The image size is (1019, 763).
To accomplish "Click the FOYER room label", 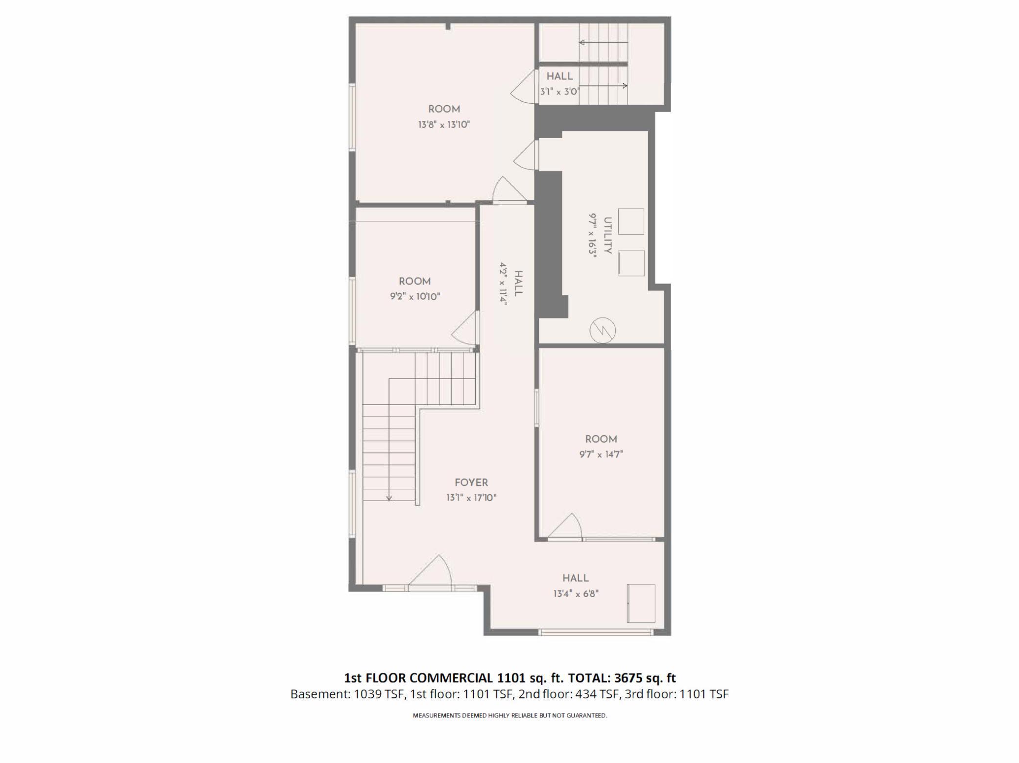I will [x=471, y=482].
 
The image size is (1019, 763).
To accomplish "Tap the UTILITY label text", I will [x=608, y=236].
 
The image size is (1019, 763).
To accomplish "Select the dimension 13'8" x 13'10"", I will [x=444, y=124].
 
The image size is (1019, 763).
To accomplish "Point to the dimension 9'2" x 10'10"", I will [x=415, y=296].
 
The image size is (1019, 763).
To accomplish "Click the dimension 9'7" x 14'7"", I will [x=601, y=454].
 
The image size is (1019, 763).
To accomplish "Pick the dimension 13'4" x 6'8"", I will [x=576, y=594].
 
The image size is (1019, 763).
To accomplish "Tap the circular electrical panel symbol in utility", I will [x=602, y=330].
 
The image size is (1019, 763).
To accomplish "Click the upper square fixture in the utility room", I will [x=631, y=221].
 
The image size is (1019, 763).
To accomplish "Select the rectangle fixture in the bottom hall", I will [x=641, y=603].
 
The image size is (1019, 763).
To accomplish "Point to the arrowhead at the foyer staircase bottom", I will [x=389, y=499].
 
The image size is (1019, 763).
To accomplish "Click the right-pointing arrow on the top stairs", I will [x=624, y=86].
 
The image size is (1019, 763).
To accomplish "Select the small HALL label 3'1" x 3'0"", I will [x=559, y=76].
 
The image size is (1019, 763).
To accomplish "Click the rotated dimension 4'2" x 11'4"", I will [x=503, y=284].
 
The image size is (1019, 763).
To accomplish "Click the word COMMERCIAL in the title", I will [x=451, y=678].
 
